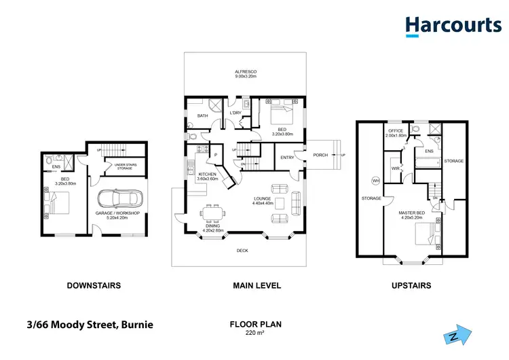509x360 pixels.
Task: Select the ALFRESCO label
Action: pyautogui.click(x=245, y=71)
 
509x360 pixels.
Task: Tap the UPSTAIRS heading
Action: pyautogui.click(x=411, y=286)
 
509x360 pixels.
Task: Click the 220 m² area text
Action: pyautogui.click(x=255, y=333)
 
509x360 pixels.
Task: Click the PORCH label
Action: pyautogui.click(x=321, y=155)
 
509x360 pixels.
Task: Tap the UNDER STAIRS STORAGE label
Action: pyautogui.click(x=127, y=166)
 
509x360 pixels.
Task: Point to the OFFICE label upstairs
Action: pyautogui.click(x=395, y=130)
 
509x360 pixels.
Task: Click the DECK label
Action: pyautogui.click(x=242, y=251)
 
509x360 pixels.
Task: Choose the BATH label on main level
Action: pyautogui.click(x=202, y=115)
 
